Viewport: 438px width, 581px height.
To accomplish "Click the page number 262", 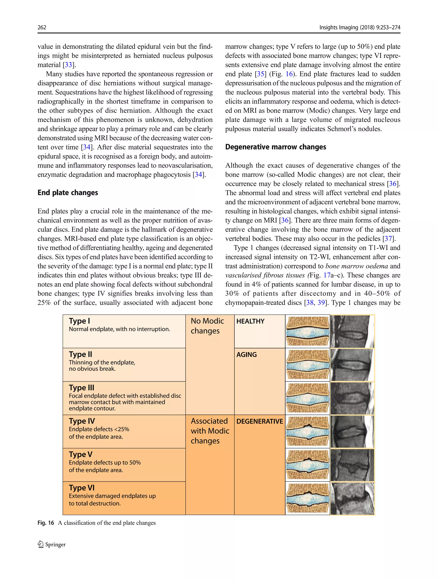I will click(42, 27).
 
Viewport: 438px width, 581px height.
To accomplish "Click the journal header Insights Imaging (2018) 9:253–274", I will click(360, 27).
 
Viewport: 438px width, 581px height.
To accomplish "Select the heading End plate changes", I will click(68, 193).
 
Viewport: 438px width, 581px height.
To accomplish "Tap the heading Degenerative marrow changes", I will click(275, 147).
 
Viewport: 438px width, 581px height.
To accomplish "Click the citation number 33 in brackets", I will click(68, 65).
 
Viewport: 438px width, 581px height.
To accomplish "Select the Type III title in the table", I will click(81, 388).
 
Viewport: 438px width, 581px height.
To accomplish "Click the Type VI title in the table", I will click(81, 488).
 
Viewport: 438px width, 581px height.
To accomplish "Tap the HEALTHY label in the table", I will click(250, 321).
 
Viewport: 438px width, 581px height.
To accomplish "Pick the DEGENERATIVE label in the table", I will click(259, 421).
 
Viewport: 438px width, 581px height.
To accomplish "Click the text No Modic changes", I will click(207, 326).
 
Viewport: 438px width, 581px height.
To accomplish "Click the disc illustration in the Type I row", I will click(307, 331).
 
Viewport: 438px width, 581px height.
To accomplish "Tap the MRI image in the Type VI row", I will click(352, 498).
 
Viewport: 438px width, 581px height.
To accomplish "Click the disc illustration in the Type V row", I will click(307, 465).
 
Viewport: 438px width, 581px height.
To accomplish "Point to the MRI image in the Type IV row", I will click(352, 432).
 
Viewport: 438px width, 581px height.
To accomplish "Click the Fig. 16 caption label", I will click(46, 523).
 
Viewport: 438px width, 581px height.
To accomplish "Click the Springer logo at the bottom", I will click(52, 544).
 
